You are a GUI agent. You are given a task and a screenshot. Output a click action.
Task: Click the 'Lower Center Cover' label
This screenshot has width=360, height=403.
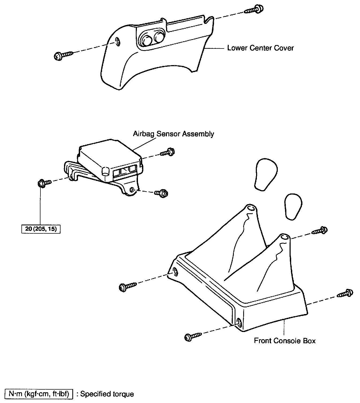(x=260, y=48)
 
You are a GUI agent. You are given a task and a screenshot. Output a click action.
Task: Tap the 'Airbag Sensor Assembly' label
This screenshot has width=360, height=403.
(x=173, y=134)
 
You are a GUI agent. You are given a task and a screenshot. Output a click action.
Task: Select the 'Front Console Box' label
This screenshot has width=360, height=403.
(x=285, y=341)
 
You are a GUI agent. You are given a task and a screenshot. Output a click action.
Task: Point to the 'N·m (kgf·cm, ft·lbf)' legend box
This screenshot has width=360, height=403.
(x=39, y=394)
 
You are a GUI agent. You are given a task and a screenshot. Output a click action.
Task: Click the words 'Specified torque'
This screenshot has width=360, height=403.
(x=107, y=394)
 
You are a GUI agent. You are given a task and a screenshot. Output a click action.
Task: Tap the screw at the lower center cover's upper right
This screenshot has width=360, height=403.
(x=254, y=9)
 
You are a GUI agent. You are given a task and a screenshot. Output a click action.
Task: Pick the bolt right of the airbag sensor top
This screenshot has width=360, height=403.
(x=168, y=152)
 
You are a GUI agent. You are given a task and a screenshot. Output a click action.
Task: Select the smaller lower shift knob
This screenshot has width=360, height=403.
(x=293, y=206)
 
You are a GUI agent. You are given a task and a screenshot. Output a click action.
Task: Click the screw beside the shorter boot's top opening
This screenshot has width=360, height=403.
(x=320, y=230)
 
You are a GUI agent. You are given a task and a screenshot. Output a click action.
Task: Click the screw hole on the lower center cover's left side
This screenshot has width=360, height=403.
(x=117, y=41)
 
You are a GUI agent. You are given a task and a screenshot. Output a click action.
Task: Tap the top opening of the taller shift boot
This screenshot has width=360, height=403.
(x=251, y=208)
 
